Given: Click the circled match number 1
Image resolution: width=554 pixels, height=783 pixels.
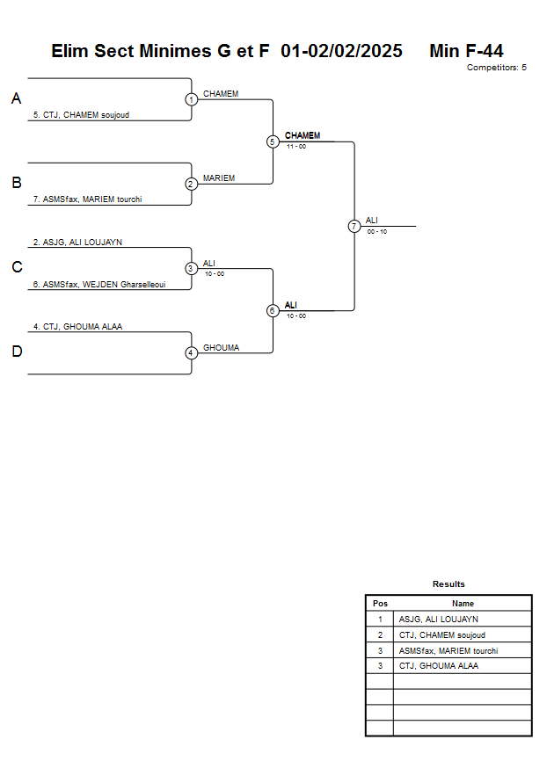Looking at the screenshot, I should (192, 99).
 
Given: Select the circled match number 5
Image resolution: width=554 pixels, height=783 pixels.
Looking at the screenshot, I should (273, 141).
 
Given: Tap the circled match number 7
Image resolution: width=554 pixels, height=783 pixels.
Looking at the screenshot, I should (354, 226).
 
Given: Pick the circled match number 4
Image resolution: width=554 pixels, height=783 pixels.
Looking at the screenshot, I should (192, 353).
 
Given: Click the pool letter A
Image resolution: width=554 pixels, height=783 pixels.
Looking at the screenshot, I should (16, 99).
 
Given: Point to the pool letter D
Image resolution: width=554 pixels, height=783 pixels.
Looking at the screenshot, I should (16, 352).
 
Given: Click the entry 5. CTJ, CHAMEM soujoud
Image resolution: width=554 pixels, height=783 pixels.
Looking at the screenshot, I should (81, 114).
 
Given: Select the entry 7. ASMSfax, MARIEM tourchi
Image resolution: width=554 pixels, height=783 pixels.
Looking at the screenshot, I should (87, 199).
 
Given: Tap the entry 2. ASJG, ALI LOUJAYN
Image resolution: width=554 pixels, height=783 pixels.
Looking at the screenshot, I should (77, 242).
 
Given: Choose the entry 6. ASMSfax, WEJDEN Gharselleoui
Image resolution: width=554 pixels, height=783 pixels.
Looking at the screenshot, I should (99, 284).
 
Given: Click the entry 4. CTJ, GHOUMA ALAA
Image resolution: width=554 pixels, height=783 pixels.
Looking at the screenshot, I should (77, 326).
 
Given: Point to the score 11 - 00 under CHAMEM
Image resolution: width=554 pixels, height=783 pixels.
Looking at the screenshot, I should (295, 146).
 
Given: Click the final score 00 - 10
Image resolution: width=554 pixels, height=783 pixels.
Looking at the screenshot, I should (377, 231).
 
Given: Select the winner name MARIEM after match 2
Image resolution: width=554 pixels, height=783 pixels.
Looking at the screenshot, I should (219, 178).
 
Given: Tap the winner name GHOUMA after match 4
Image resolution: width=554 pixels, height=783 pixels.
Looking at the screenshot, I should (221, 348).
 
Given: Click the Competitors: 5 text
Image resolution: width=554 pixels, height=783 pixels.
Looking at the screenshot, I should (496, 68).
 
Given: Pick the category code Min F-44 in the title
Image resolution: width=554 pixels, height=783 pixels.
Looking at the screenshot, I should (466, 51).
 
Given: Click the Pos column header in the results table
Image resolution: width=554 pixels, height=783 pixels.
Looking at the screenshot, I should (380, 604).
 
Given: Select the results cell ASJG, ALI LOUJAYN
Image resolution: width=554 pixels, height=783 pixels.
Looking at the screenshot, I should (438, 620).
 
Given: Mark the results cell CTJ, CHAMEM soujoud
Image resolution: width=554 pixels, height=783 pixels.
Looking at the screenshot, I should (441, 635).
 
